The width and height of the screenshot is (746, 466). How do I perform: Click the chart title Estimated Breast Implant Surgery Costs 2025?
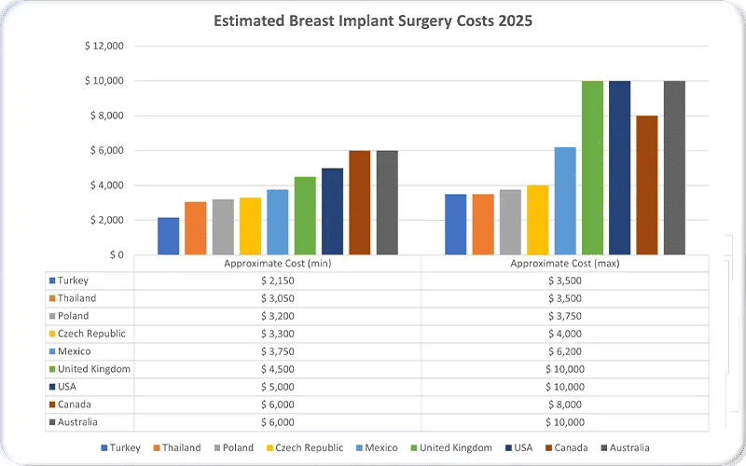pyautogui.click(x=373, y=21)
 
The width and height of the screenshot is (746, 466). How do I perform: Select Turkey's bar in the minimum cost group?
pyautogui.click(x=168, y=236)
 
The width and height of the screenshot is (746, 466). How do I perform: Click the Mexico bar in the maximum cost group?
pyautogui.click(x=565, y=200)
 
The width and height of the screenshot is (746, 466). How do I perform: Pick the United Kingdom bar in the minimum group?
pyautogui.click(x=305, y=215)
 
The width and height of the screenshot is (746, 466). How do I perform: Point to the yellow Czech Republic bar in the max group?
pyautogui.click(x=537, y=220)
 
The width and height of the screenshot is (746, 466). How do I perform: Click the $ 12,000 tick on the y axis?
pyautogui.click(x=104, y=46)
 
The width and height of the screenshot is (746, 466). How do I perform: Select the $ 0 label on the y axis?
pyautogui.click(x=115, y=254)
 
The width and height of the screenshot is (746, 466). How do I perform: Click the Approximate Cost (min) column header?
pyautogui.click(x=278, y=264)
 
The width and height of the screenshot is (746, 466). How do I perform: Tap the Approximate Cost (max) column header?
pyautogui.click(x=564, y=264)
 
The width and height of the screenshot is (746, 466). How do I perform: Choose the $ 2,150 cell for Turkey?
pyautogui.click(x=278, y=281)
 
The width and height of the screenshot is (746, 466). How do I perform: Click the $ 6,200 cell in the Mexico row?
pyautogui.click(x=564, y=351)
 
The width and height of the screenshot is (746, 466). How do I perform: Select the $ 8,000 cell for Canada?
pyautogui.click(x=564, y=404)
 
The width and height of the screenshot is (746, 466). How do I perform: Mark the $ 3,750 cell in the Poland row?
pyautogui.click(x=564, y=316)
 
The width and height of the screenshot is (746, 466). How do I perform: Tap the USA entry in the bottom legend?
pyautogui.click(x=531, y=447)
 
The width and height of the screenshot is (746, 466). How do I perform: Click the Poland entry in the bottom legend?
pyautogui.click(x=236, y=447)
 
